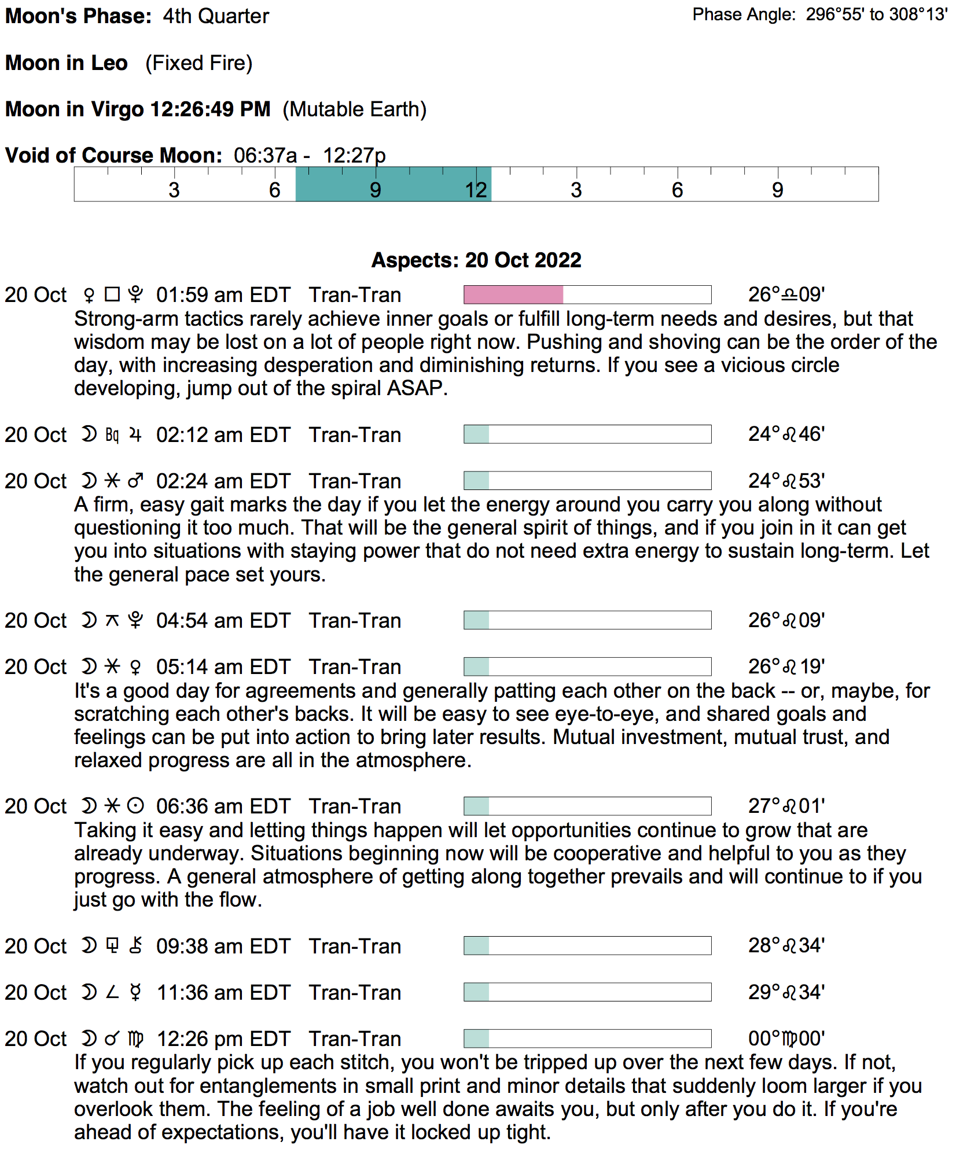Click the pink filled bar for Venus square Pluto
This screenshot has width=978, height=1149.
click(513, 294)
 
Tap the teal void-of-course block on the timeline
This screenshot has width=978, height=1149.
click(394, 185)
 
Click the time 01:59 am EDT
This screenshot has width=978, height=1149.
click(223, 295)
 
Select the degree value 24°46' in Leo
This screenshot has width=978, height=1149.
click(786, 434)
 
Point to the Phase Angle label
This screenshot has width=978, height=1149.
click(744, 14)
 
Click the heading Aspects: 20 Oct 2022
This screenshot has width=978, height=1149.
click(476, 260)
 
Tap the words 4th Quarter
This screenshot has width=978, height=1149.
click(216, 16)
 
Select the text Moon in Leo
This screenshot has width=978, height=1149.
click(67, 63)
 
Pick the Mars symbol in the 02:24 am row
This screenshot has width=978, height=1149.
click(135, 481)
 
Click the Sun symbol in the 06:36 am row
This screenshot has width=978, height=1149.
click(135, 806)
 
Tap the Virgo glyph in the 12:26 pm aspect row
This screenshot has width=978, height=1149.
click(135, 1039)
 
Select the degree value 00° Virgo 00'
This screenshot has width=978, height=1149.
click(786, 1039)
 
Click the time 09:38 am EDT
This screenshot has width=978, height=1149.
click(223, 947)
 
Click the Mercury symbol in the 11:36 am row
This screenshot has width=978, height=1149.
click(135, 993)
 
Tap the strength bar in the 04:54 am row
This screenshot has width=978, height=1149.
click(587, 620)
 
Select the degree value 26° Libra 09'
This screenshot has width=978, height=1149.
click(786, 295)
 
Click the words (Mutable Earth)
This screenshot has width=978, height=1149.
click(354, 109)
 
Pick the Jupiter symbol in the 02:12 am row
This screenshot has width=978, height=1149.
click(135, 434)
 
